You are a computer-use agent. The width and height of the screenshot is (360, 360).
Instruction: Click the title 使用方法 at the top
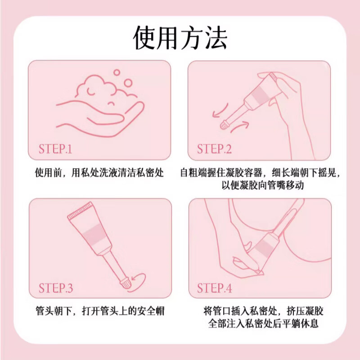click(x=180, y=38)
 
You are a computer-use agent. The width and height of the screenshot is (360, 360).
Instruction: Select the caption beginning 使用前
click(x=99, y=173)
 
